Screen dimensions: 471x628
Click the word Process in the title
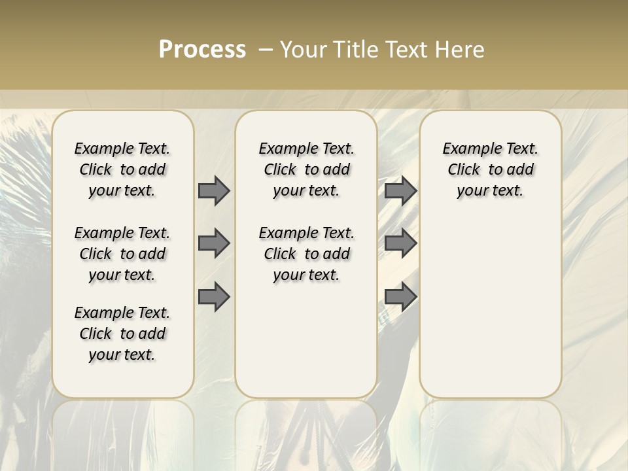pyautogui.click(x=202, y=50)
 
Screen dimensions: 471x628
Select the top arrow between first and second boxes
pyautogui.click(x=214, y=190)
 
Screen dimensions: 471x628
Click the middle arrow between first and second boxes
pyautogui.click(x=214, y=243)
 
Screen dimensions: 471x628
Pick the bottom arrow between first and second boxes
pyautogui.click(x=214, y=297)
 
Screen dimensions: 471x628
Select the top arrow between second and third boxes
pyautogui.click(x=400, y=190)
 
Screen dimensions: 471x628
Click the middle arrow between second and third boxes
pyautogui.click(x=400, y=243)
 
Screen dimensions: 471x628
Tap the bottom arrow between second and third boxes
pyautogui.click(x=400, y=297)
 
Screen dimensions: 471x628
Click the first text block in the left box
pyautogui.click(x=122, y=169)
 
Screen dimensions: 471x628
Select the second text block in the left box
pyautogui.click(x=122, y=254)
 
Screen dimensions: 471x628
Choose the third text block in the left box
pyautogui.click(x=122, y=334)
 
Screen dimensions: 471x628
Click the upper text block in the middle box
pyautogui.click(x=306, y=169)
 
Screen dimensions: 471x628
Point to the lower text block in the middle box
pyautogui.click(x=306, y=254)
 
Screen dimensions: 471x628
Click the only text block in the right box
pyautogui.click(x=490, y=169)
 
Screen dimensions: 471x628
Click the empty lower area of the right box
pyautogui.click(x=490, y=307)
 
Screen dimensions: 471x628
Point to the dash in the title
pyautogui.click(x=266, y=50)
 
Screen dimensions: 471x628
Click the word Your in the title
pyautogui.click(x=300, y=50)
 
